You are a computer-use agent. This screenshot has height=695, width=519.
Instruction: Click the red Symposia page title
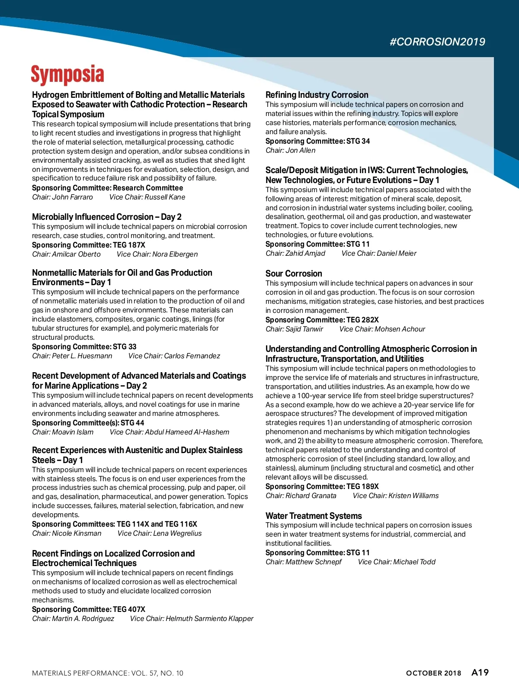click(x=67, y=74)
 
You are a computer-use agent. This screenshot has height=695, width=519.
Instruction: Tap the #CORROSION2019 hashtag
click(x=437, y=42)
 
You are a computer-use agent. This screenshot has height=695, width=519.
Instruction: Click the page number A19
click(x=480, y=672)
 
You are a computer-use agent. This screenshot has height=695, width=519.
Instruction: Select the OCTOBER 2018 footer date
click(x=433, y=673)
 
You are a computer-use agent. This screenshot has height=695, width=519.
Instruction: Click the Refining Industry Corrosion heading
click(x=317, y=95)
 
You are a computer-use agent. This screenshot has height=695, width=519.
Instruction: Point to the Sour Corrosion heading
click(x=294, y=273)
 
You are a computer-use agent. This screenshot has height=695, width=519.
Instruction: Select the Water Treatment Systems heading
click(x=314, y=516)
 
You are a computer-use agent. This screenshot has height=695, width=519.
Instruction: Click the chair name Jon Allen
click(x=301, y=150)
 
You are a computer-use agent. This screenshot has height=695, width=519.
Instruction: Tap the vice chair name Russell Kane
click(x=165, y=197)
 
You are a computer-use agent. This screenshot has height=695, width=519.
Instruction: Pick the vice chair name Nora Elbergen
click(x=175, y=254)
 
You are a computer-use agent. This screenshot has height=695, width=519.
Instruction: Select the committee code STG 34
click(x=358, y=141)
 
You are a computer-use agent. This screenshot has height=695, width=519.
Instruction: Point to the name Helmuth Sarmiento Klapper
click(x=209, y=618)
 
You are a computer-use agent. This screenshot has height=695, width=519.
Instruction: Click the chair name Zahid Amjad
click(x=305, y=253)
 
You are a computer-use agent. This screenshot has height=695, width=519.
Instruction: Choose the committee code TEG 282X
click(x=362, y=320)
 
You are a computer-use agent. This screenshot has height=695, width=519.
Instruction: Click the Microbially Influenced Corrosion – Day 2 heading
click(x=107, y=217)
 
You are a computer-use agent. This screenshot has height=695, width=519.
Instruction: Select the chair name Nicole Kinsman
click(x=77, y=533)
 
